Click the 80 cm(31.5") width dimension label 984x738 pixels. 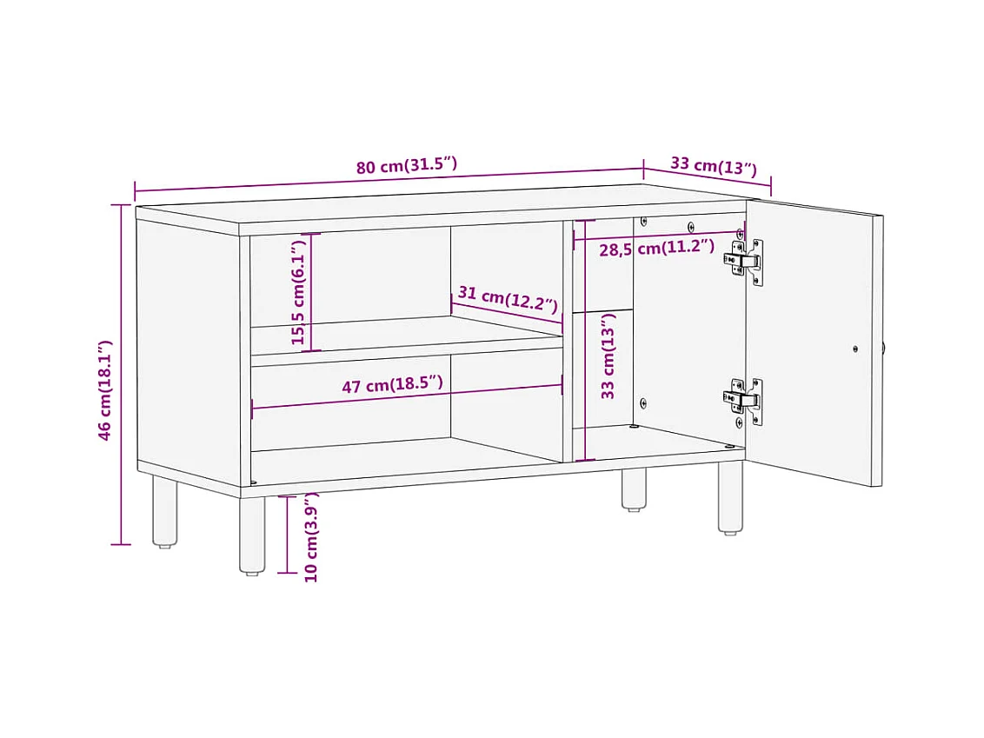[407, 166]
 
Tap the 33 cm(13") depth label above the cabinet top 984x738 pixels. [714, 166]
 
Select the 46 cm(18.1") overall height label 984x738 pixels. [105, 389]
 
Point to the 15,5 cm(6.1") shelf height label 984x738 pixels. [298, 292]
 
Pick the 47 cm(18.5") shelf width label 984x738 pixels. [392, 384]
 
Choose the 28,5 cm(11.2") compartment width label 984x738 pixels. [656, 247]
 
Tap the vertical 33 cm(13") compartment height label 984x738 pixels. [608, 356]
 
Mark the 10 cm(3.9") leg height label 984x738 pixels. [311, 537]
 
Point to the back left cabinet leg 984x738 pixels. [164, 511]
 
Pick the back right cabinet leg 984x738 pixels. [634, 489]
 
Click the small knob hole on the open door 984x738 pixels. [855, 349]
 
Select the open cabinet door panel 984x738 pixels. [814, 342]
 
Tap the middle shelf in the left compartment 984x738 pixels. [407, 341]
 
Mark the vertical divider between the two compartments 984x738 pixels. [568, 342]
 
